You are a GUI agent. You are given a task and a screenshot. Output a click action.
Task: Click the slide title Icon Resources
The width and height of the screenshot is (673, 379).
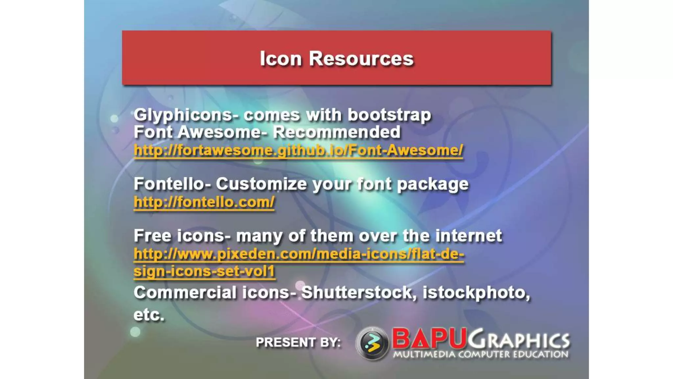pos(336,59)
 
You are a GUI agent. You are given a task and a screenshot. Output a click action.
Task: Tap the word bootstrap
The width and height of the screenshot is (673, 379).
pos(389,115)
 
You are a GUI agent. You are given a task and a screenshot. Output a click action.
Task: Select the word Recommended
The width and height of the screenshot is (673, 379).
pos(336,132)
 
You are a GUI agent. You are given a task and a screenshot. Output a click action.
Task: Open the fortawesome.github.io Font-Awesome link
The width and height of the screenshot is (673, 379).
pos(298,150)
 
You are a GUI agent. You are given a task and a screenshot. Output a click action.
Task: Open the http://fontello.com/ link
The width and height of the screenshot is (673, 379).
pos(204,202)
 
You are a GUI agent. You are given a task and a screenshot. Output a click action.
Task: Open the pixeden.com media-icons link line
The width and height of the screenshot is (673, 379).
pos(299,254)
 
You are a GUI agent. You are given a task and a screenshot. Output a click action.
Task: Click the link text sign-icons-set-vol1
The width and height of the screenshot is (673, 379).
pos(204,271)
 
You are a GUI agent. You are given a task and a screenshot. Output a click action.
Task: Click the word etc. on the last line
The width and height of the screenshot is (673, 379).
pos(149,315)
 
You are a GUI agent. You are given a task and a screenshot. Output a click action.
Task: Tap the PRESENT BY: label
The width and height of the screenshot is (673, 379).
pos(298,342)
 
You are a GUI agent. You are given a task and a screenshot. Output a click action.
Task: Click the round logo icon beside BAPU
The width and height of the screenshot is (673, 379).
pos(372,343)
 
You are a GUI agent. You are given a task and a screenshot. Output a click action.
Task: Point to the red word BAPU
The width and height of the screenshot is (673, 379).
pos(429,339)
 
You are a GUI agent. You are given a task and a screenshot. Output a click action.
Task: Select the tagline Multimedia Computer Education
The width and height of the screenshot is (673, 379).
pos(481,354)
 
